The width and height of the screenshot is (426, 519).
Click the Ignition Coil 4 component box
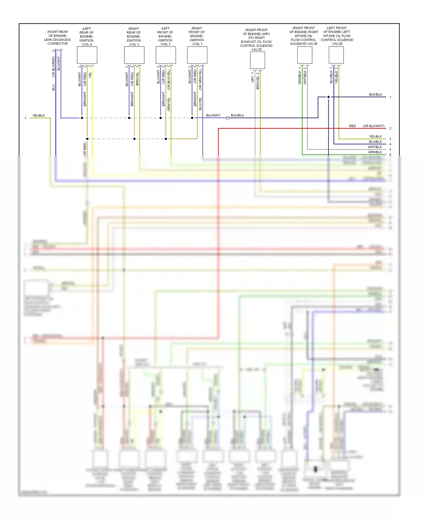[87, 55]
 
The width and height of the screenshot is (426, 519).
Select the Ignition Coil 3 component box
[134, 55]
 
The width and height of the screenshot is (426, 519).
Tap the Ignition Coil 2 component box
[166, 55]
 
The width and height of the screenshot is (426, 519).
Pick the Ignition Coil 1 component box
[197, 55]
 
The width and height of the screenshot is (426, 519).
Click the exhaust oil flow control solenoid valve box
[257, 60]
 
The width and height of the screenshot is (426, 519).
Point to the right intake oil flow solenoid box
[304, 55]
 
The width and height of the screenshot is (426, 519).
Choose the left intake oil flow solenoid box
[336, 55]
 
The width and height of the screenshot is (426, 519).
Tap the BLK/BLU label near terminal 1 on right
[375, 95]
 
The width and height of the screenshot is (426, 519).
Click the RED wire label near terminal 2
[352, 126]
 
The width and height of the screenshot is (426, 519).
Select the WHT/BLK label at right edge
[375, 147]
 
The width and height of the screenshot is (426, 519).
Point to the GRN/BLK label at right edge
[375, 152]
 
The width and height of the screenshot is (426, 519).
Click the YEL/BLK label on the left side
[39, 116]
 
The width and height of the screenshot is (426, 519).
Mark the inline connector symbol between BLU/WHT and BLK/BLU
[227, 118]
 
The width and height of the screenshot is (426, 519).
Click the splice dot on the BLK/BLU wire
[328, 97]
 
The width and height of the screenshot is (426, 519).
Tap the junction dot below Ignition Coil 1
[192, 118]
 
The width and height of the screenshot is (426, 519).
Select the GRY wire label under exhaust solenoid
[252, 79]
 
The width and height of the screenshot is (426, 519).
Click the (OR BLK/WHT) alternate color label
[373, 126]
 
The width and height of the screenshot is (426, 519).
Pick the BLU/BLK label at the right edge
[375, 142]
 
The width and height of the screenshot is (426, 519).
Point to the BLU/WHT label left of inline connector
[213, 116]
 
